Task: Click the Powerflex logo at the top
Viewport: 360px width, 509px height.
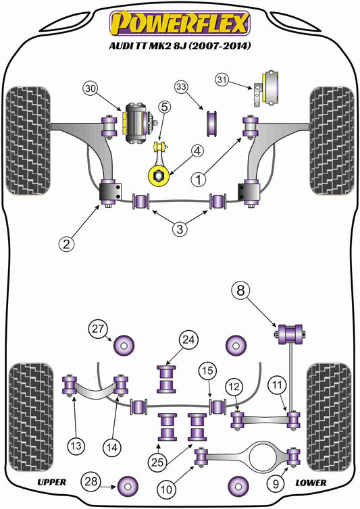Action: coord(179,23)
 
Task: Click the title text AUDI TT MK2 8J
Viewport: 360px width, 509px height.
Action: coord(179,47)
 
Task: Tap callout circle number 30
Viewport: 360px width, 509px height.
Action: coord(91,88)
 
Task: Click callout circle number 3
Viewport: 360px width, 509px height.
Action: coord(179,230)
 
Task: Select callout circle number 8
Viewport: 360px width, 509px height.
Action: coord(241,292)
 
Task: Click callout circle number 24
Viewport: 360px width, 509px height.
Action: coord(187,341)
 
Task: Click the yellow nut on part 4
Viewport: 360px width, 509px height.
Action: coord(157,176)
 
